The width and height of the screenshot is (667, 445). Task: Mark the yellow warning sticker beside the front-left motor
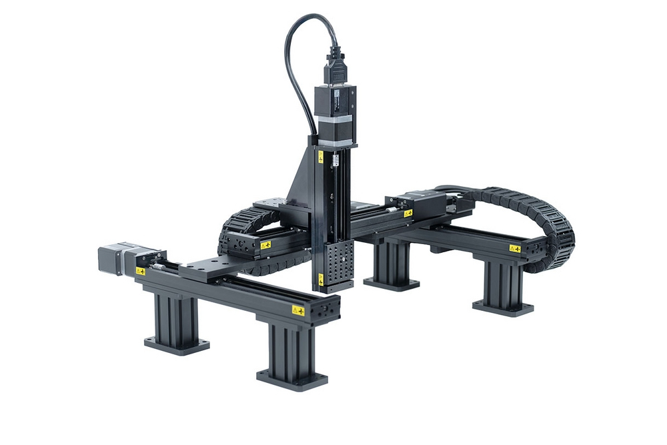click(x=141, y=271)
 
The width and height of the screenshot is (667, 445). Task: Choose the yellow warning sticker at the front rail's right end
click(x=297, y=311)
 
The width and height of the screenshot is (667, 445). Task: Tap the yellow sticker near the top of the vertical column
click(x=321, y=157)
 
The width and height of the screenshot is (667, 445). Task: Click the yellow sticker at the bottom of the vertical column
click(x=321, y=278)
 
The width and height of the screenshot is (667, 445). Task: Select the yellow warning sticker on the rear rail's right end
click(x=514, y=248)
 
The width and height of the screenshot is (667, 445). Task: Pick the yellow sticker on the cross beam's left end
click(x=265, y=245)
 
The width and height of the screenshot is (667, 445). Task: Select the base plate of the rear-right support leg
click(x=503, y=308)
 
